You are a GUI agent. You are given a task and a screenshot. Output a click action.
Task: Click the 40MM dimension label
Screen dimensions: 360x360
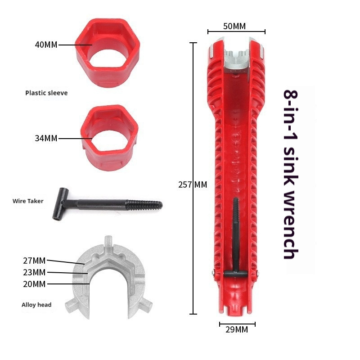tap(46, 45)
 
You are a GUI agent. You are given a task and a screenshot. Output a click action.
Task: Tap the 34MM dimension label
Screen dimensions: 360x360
tap(46, 138)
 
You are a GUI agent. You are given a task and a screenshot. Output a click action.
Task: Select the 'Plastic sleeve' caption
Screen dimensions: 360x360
tap(46, 93)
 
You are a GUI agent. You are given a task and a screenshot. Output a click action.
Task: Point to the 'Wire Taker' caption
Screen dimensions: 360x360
tap(28, 201)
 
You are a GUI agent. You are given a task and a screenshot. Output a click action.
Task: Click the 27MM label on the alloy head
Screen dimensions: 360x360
tap(34, 261)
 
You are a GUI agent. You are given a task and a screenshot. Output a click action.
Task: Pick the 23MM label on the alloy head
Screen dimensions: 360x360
tap(34, 272)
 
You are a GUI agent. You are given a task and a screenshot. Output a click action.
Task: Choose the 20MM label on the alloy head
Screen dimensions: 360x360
tap(34, 284)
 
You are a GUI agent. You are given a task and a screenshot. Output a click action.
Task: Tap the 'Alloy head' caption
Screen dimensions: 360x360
tap(36, 305)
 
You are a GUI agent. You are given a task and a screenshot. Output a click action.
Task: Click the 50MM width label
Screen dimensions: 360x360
tap(234, 26)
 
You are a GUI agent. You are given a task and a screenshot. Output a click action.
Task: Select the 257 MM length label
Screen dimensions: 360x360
tap(193, 184)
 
